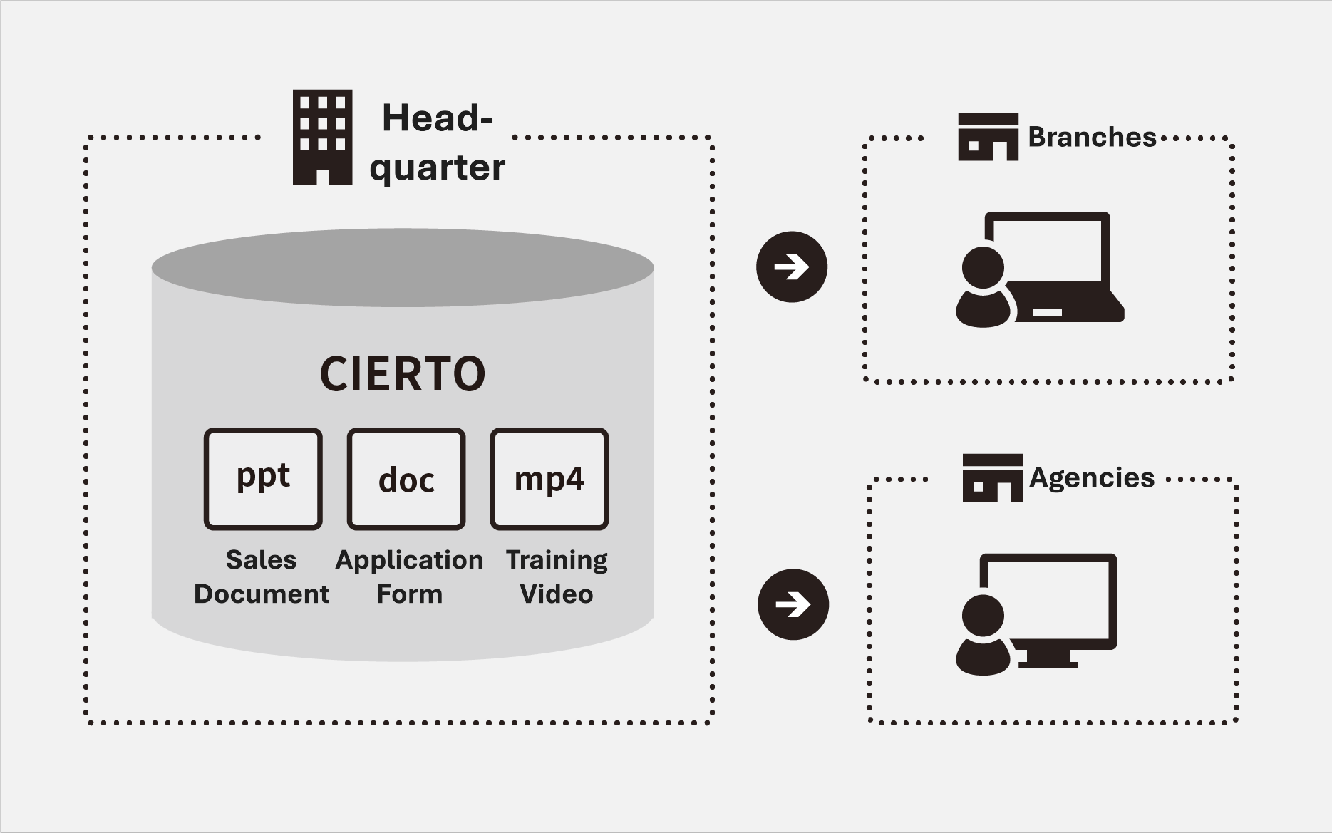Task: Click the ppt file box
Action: tap(263, 479)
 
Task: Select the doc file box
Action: tap(406, 479)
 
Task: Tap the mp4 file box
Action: tap(549, 479)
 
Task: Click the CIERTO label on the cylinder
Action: tap(403, 374)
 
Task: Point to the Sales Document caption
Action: tap(262, 576)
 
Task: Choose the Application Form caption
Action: tap(409, 576)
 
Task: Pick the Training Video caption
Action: tap(557, 576)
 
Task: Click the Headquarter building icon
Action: tap(322, 138)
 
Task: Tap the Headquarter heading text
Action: tap(437, 143)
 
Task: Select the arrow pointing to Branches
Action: tap(791, 267)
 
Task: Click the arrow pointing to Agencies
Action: tap(793, 604)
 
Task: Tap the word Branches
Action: tap(1092, 137)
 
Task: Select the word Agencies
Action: tap(1092, 477)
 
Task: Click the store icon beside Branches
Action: tap(988, 137)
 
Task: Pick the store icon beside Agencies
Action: tap(992, 477)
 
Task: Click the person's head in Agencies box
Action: tap(983, 616)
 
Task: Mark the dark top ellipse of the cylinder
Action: tap(403, 267)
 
